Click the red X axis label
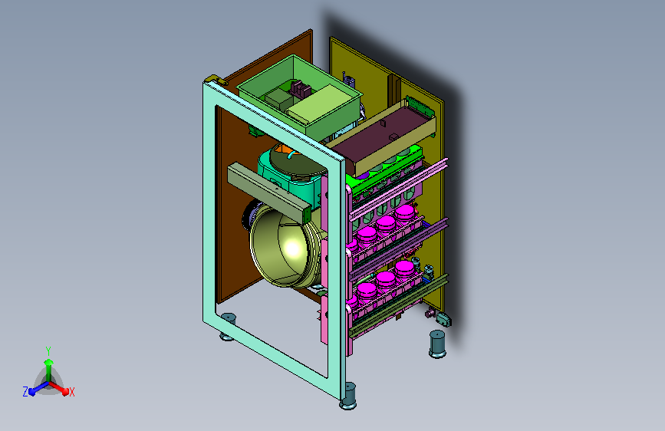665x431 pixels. pos(71,392)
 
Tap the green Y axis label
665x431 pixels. pos(48,351)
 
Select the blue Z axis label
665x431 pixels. pos(25,392)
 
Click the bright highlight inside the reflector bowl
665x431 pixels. pos(293,247)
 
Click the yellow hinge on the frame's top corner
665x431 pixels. pos(216,79)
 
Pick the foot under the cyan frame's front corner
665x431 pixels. pos(348,396)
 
